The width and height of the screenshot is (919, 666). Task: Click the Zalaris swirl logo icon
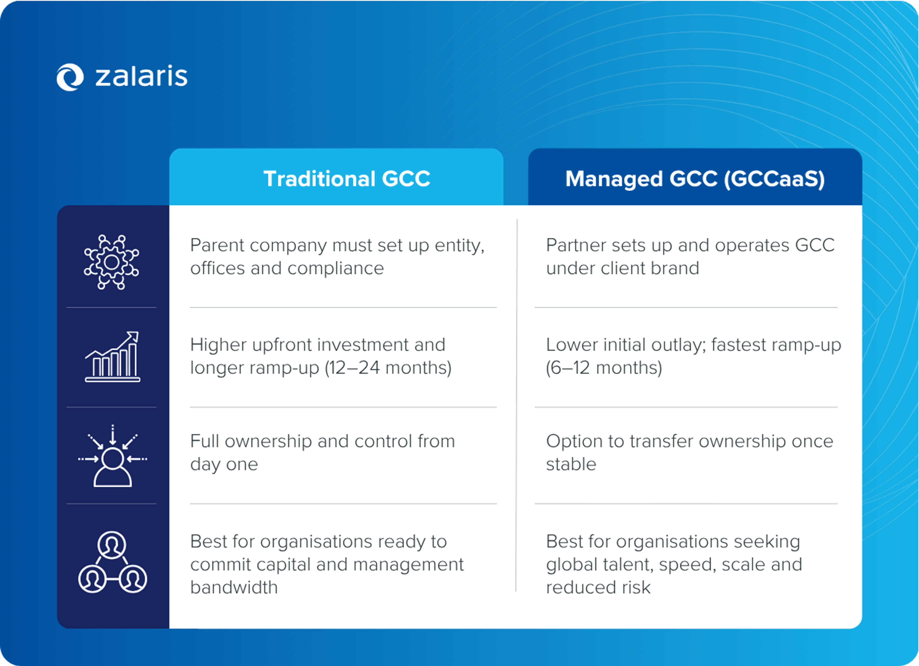pyautogui.click(x=70, y=77)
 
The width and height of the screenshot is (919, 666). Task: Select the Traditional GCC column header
pyautogui.click(x=347, y=179)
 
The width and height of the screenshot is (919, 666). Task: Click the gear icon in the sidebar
pyautogui.click(x=112, y=262)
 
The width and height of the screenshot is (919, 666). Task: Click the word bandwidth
pyautogui.click(x=234, y=587)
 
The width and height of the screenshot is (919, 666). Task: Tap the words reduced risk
pyautogui.click(x=598, y=587)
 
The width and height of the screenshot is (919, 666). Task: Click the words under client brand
pyautogui.click(x=622, y=268)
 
